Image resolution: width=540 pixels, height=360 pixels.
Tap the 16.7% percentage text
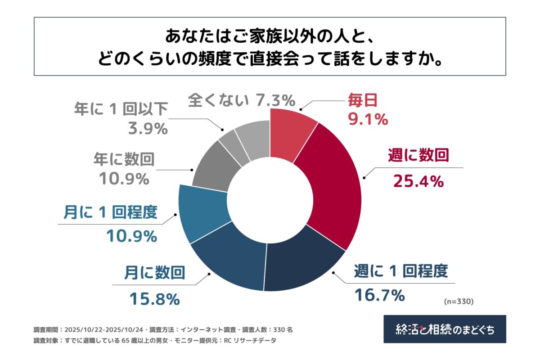pos(379,296)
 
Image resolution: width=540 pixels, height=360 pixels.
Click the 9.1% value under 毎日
pos(367,119)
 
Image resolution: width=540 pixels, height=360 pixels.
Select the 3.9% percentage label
pos(147,129)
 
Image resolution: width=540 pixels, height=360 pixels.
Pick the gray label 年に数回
pos(124,158)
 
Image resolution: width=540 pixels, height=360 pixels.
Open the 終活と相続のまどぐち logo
pos(444,329)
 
